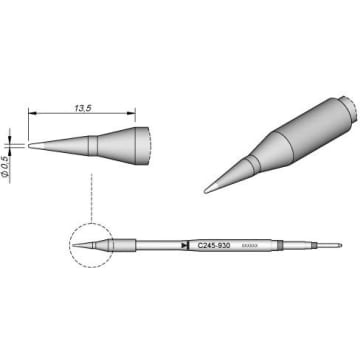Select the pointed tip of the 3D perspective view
point(207,187)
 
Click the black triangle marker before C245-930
point(185,245)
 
